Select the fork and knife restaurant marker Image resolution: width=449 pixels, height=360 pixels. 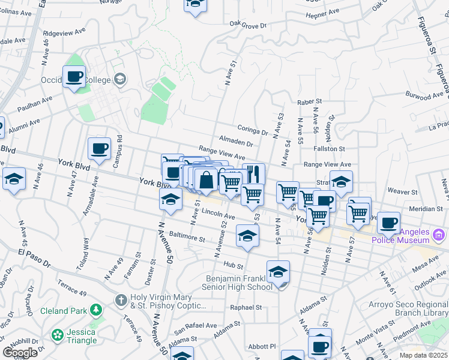click(253, 175)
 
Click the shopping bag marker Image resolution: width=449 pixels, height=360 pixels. click(205, 180)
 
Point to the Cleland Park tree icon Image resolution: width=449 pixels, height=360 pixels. click(95, 310)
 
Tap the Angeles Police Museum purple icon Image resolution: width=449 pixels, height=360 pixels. click(439, 233)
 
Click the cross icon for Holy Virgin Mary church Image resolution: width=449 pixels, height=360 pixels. click(121, 299)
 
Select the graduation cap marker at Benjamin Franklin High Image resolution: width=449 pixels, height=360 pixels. click(277, 273)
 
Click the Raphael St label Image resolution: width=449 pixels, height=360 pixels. click(247, 307)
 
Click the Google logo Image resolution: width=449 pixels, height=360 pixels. click(20, 353)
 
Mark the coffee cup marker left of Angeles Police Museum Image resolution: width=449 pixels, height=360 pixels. click(388, 223)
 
